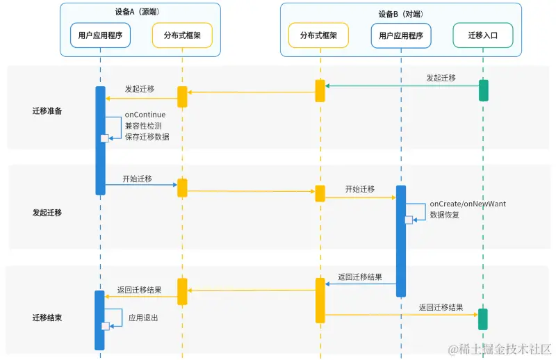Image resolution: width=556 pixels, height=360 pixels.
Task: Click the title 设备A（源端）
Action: click(x=140, y=13)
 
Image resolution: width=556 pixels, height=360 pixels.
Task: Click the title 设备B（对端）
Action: click(x=400, y=13)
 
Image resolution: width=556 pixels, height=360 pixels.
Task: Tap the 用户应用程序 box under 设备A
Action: click(x=100, y=35)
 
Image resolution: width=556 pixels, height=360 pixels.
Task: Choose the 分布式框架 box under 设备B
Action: click(x=319, y=35)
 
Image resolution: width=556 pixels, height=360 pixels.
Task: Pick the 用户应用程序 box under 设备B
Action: click(x=401, y=35)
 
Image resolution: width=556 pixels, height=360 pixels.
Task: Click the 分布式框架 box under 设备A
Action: click(x=182, y=35)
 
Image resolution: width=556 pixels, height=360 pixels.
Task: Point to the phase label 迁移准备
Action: click(x=47, y=111)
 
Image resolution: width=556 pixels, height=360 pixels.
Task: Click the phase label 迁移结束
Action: click(x=47, y=318)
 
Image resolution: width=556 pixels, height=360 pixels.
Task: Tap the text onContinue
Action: click(x=145, y=115)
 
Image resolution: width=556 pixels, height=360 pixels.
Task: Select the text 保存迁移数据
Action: click(x=147, y=136)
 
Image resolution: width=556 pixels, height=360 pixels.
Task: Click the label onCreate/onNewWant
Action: click(x=468, y=204)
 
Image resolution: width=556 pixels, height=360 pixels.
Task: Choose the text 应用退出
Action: click(x=143, y=318)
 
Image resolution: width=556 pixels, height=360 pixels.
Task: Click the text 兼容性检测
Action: click(x=143, y=126)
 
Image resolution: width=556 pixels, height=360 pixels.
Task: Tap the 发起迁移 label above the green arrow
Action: click(x=441, y=78)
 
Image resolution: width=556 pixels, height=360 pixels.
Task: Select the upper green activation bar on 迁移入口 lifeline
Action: click(x=483, y=90)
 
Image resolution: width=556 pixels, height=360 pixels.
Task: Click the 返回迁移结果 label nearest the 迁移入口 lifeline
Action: click(x=441, y=307)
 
